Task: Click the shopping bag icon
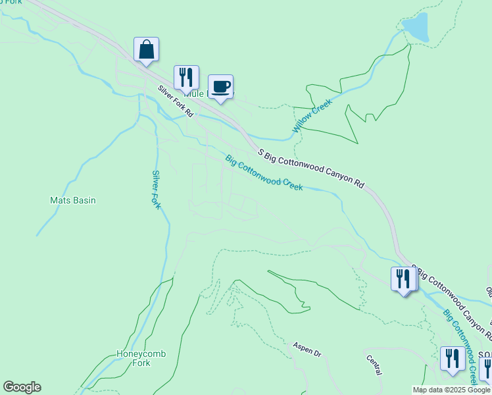(146, 49)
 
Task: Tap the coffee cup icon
(220, 86)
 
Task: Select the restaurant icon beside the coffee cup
(186, 78)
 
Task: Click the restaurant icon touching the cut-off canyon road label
(403, 278)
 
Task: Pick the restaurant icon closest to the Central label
(452, 359)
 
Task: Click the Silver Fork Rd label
(175, 101)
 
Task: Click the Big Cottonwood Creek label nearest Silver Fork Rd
(264, 172)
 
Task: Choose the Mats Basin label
(73, 200)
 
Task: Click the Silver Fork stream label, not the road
(156, 190)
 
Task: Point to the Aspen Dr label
(308, 349)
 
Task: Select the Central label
(374, 366)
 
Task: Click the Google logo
(22, 387)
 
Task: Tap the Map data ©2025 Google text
(452, 390)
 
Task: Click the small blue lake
(416, 27)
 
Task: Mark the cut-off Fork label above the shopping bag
(11, 2)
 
